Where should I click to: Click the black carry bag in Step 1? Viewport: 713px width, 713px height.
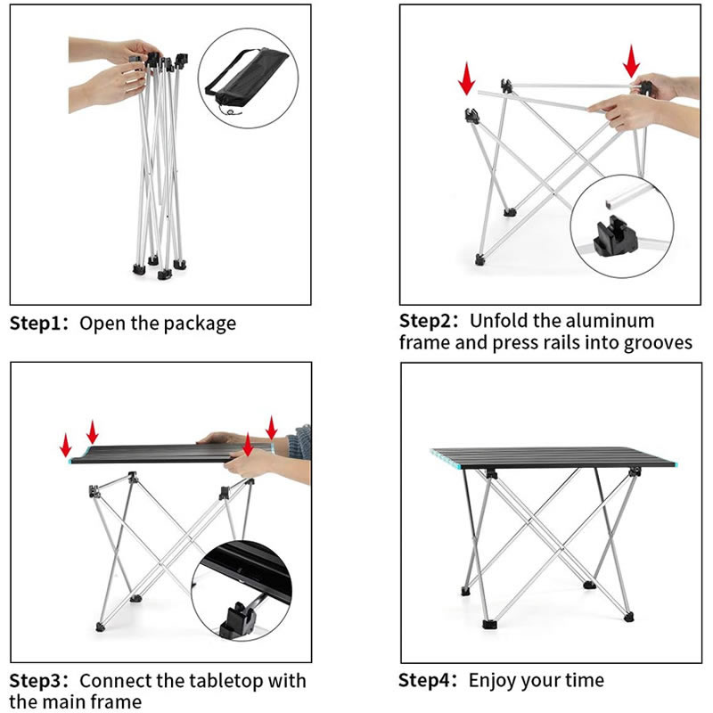(x=248, y=73)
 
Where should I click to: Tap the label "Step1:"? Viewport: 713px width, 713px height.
(x=39, y=324)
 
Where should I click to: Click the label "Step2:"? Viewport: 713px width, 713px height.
(x=429, y=322)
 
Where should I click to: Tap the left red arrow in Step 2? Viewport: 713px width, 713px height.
(x=466, y=78)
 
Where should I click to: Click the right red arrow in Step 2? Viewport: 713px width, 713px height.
(x=631, y=61)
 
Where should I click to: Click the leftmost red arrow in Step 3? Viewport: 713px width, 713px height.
(x=66, y=445)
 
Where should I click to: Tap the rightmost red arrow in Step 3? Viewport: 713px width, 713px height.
(x=272, y=428)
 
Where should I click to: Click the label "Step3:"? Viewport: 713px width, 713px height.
(x=39, y=681)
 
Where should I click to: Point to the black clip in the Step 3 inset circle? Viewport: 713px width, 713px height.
(x=236, y=618)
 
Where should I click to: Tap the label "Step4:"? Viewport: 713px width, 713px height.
(x=428, y=681)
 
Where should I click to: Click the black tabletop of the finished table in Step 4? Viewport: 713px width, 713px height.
(x=553, y=458)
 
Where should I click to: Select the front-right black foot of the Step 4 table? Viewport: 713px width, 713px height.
(x=628, y=617)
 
